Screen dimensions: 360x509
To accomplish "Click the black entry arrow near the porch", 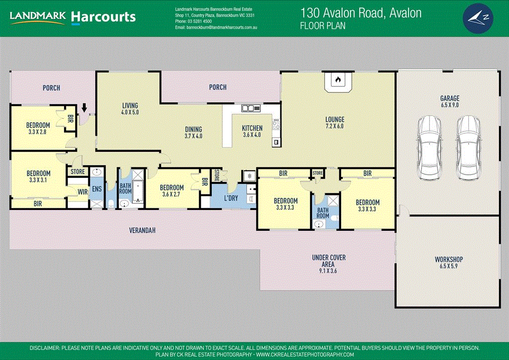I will point(84,107).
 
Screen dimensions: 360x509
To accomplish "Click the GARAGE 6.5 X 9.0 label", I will point(449,102).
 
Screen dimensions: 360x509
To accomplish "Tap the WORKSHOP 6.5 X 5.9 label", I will point(448,263).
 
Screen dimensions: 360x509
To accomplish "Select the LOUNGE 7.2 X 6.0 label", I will point(335,123).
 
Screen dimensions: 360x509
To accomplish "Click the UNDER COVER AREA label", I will point(329,264).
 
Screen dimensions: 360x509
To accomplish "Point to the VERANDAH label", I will point(142,230).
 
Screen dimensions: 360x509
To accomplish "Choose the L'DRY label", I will point(231,198).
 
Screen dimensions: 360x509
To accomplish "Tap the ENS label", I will point(96,189).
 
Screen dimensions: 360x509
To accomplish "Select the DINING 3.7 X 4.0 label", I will point(193,132).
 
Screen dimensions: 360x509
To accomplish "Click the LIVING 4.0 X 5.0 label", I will point(130,109).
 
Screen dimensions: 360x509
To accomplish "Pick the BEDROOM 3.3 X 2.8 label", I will point(38,128).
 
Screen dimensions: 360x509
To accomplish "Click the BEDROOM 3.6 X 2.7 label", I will point(171,191).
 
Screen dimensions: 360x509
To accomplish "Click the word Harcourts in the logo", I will point(103,17).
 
